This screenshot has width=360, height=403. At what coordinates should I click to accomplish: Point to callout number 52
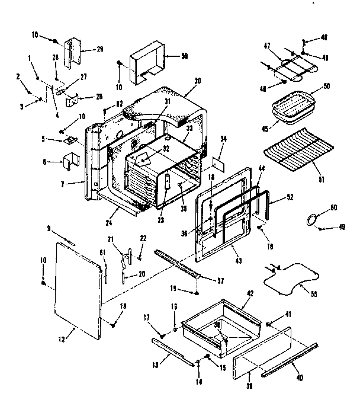tap(290, 197)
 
